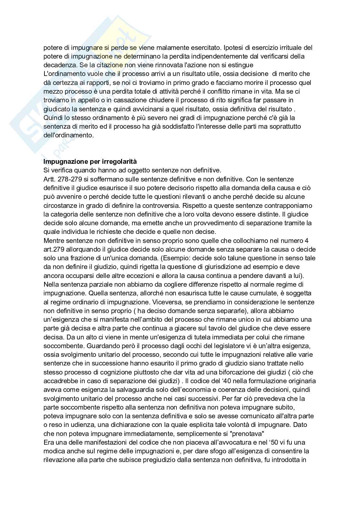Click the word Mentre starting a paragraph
point(54,241)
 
